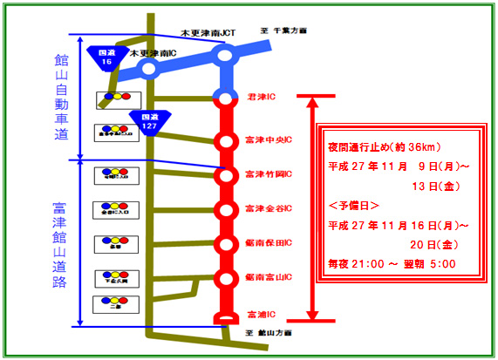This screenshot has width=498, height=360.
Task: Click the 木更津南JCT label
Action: click(x=208, y=34)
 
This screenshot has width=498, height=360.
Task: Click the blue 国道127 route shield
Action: click(x=143, y=121)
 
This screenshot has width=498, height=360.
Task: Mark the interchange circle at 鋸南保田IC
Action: click(x=225, y=245)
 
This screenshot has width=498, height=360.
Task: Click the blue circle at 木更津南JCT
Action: click(x=224, y=56)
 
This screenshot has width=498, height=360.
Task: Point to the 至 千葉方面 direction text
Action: click(x=284, y=31)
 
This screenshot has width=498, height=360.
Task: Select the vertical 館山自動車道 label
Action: click(x=62, y=97)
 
